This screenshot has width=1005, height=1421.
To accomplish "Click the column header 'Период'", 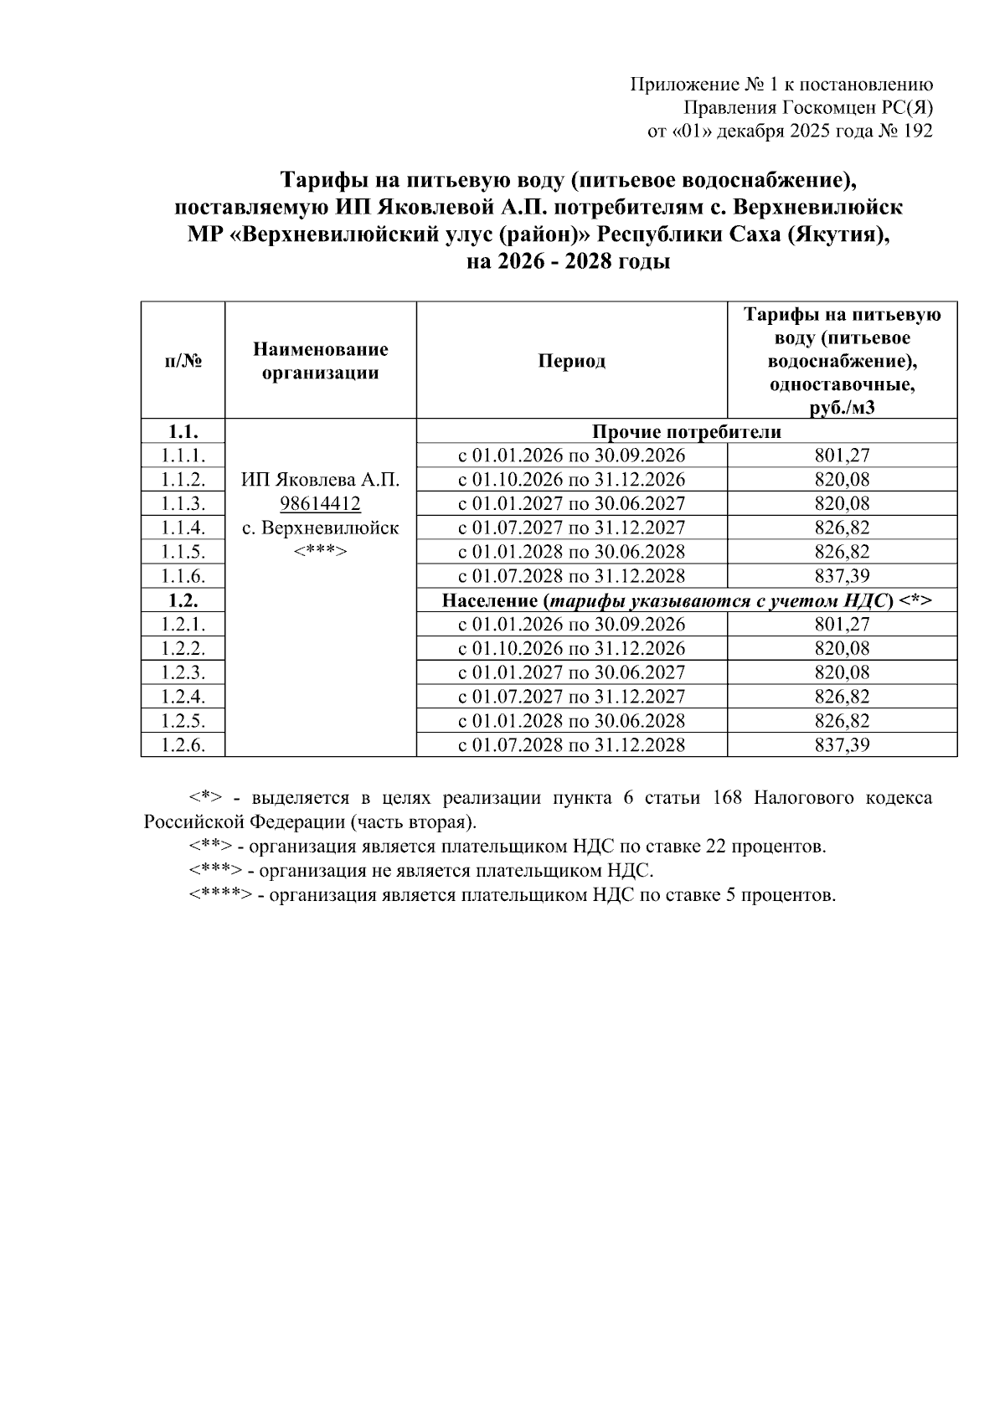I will coord(571,361).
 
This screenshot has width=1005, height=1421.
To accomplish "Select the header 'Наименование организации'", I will coord(320,361).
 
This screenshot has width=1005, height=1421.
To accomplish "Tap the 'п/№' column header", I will coord(183,361).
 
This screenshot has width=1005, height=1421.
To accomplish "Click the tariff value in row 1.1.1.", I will coord(842,456).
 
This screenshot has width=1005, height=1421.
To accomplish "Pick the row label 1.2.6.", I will coord(183,745).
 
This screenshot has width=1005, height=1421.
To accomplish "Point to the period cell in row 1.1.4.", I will coord(571,528).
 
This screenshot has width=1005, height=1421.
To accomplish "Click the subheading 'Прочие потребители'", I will coord(686,432).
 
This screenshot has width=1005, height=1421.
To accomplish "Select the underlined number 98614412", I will coord(320,504).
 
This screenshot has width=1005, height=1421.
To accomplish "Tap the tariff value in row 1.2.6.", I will coord(842,745).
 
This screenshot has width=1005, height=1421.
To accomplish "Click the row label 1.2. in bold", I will coord(183,600).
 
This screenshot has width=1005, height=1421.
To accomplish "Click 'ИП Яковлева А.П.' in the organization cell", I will coord(320,480).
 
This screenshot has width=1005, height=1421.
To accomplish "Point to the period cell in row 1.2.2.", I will coord(571,649).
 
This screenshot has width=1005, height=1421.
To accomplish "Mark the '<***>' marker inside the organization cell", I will coord(320,553).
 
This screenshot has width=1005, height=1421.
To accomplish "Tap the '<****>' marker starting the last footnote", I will coord(220,895).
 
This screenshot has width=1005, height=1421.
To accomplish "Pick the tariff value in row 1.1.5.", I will coord(842,553).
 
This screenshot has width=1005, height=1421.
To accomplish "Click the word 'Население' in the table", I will coord(489,601).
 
